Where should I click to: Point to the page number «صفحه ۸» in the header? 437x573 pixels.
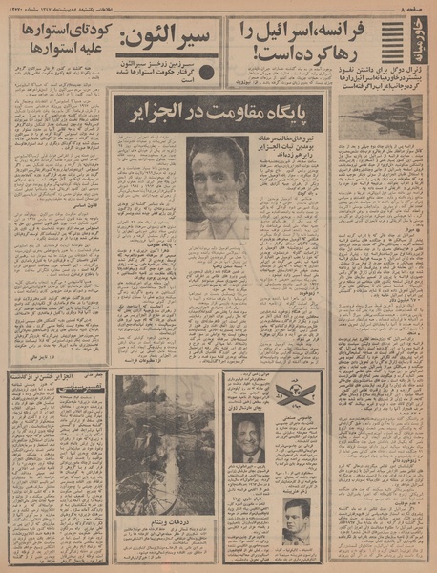click(x=416, y=7)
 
